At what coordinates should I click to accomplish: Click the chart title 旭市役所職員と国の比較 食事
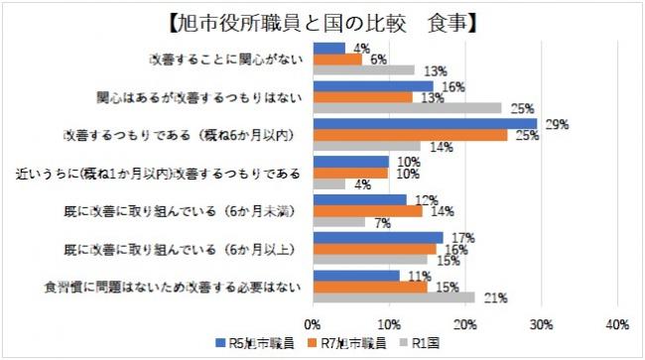pyautogui.click(x=323, y=20)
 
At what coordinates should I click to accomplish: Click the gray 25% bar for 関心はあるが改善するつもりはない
pyautogui.click(x=408, y=107)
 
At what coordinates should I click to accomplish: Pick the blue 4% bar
pyautogui.click(x=329, y=49)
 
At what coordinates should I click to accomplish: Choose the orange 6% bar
pyautogui.click(x=337, y=60)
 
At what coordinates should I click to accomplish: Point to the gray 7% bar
pyautogui.click(x=339, y=221)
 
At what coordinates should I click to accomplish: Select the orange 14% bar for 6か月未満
pyautogui.click(x=367, y=210)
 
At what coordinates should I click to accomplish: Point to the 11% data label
pyautogui.click(x=415, y=274)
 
